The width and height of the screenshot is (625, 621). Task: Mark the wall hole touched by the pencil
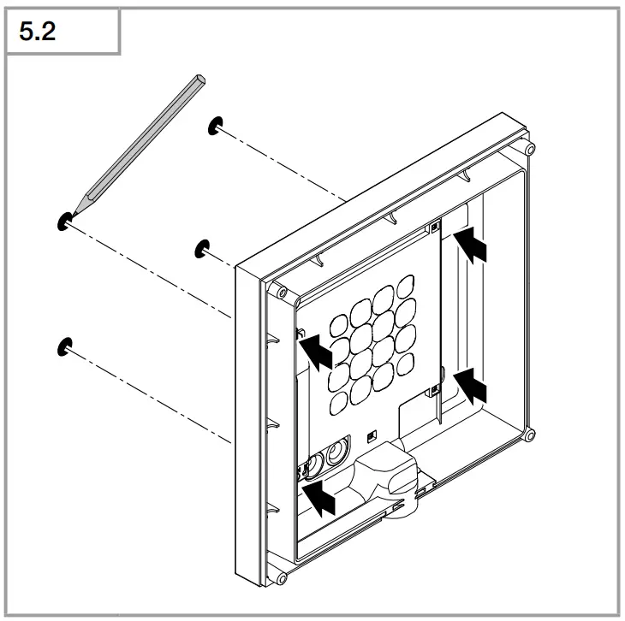pos(63,221)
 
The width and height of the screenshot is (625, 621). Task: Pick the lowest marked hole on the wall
pos(63,346)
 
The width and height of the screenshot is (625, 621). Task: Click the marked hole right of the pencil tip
pos(202,248)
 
